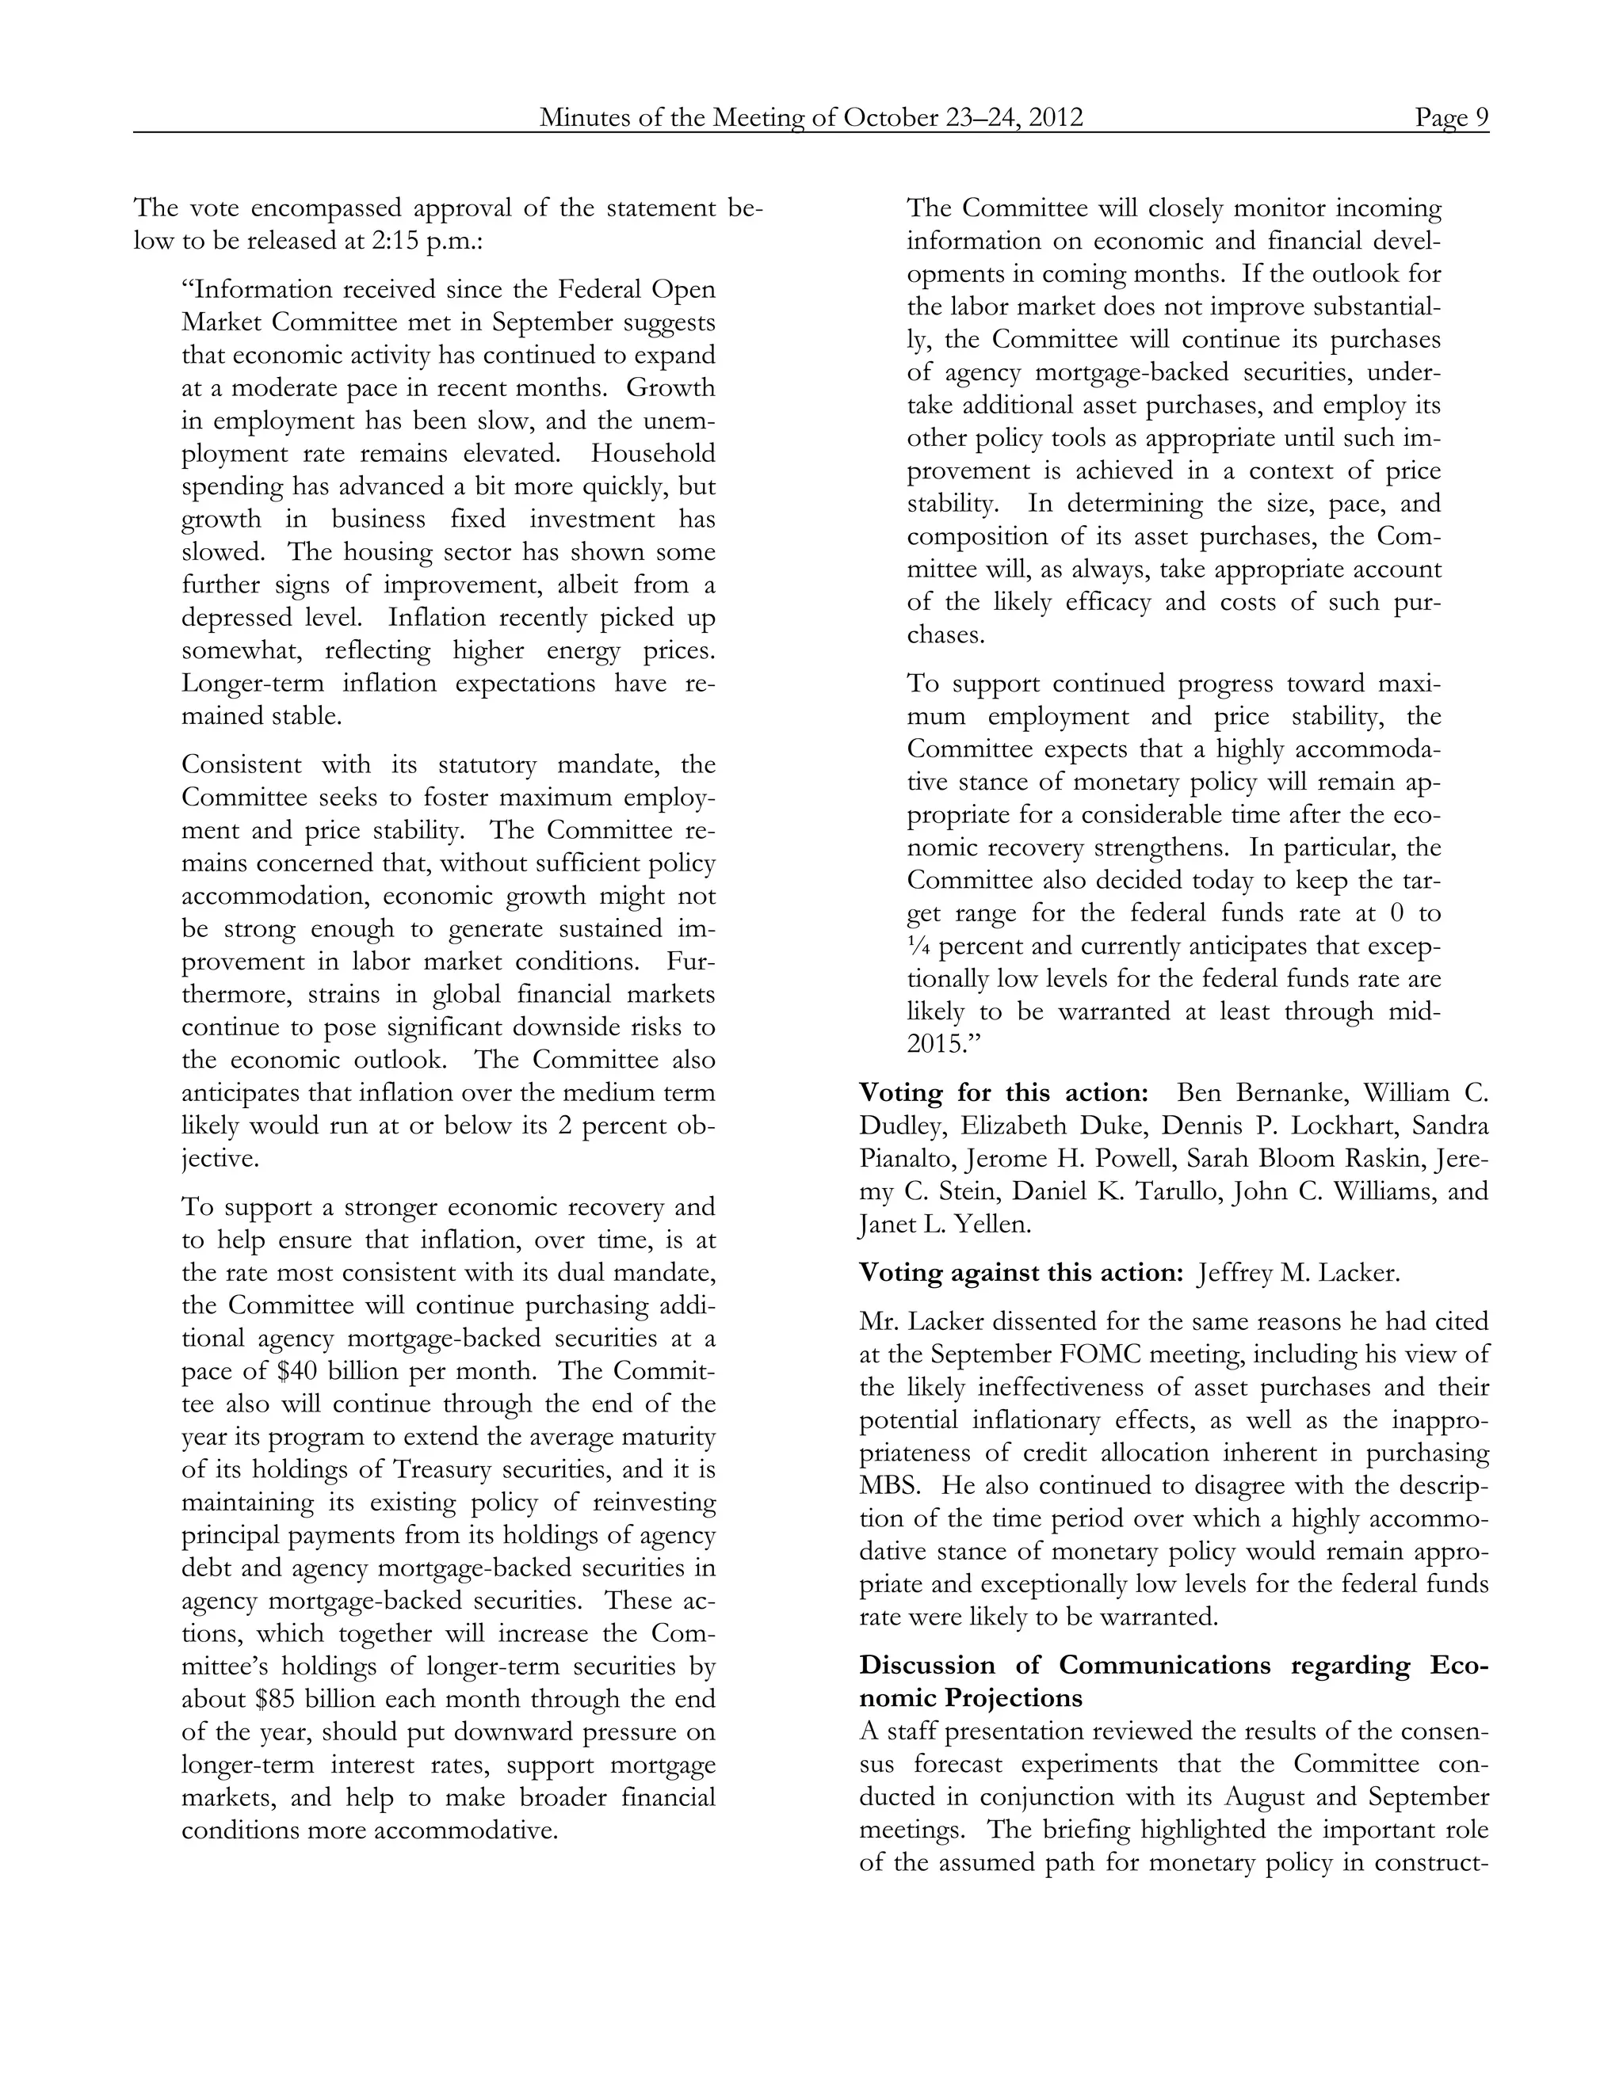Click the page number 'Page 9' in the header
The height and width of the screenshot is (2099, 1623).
click(x=1451, y=117)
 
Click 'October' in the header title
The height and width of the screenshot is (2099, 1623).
click(x=888, y=117)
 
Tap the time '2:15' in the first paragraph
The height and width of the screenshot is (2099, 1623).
click(x=394, y=242)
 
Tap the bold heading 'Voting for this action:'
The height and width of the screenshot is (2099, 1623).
click(x=1002, y=1093)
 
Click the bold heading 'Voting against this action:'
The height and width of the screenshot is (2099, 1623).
click(x=1020, y=1273)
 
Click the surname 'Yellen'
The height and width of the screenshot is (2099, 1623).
click(x=989, y=1225)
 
